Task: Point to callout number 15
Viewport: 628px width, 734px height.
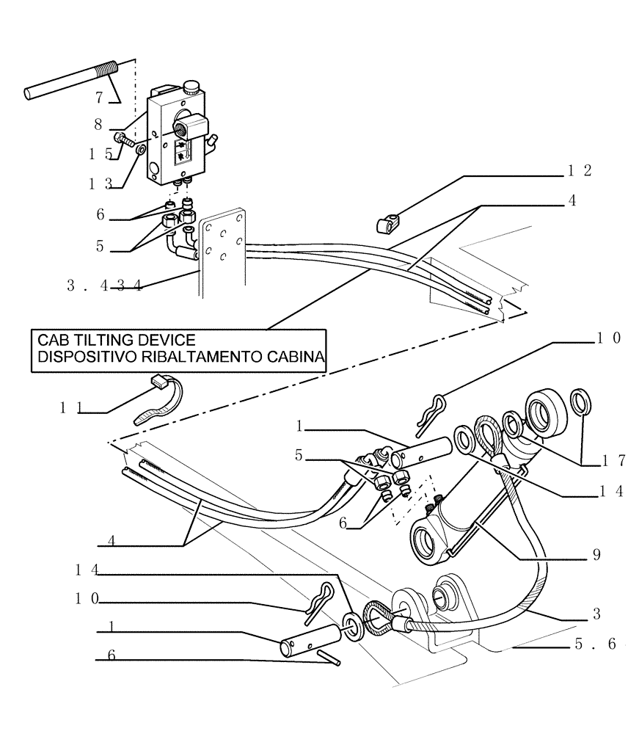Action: [x=96, y=154]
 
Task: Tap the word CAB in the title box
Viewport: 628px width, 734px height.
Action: [x=56, y=340]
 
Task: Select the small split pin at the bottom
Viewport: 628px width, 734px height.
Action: [x=329, y=656]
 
